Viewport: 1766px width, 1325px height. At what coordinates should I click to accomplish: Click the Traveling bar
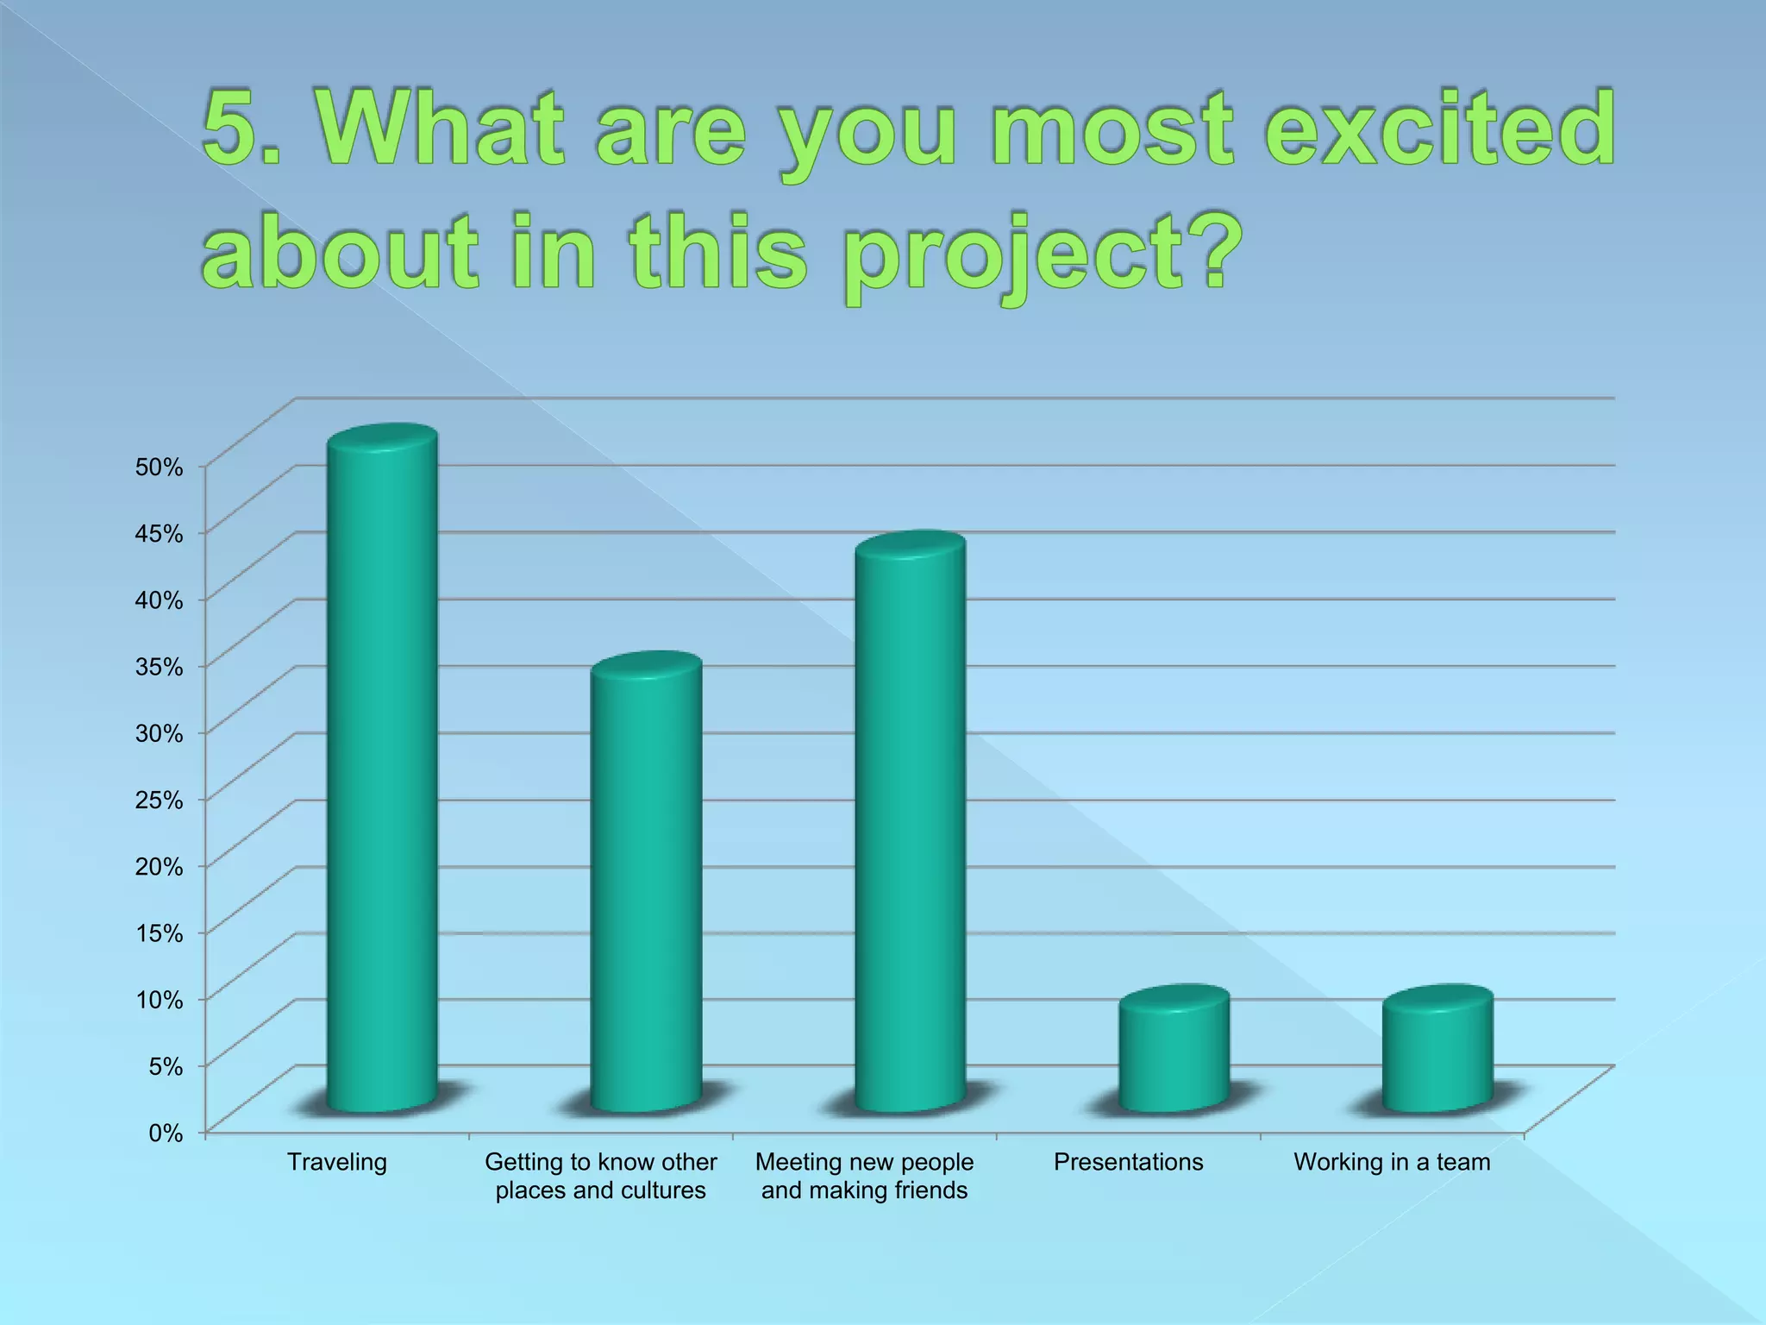(x=382, y=776)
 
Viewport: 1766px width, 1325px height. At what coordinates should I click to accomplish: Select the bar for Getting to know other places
(x=646, y=889)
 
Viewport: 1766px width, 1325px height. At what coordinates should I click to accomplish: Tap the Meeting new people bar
(x=910, y=828)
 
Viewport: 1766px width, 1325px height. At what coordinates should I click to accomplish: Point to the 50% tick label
(x=160, y=468)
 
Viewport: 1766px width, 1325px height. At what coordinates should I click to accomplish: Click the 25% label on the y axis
(x=160, y=800)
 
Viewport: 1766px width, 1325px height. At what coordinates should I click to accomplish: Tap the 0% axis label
(x=166, y=1133)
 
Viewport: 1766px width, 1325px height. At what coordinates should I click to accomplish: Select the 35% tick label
(x=160, y=667)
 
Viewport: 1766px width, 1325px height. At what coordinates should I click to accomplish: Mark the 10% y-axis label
(x=160, y=1000)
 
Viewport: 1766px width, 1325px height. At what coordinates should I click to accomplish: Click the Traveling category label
(x=337, y=1162)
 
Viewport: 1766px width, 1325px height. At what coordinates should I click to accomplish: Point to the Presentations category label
(x=1128, y=1162)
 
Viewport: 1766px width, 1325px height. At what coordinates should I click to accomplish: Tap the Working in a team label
(x=1392, y=1162)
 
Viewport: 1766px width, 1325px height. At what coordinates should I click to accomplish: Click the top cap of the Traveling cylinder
(x=382, y=438)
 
